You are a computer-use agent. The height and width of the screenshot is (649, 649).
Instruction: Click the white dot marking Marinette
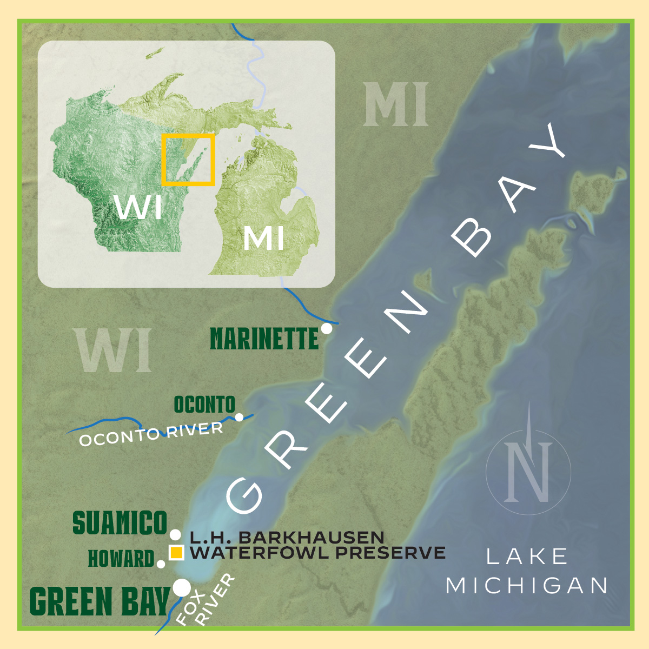[x=326, y=328]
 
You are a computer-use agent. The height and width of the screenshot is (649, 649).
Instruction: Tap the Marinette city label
[x=264, y=340]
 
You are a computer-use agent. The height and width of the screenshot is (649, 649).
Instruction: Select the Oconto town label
[x=204, y=405]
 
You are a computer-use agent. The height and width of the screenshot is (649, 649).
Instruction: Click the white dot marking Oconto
[x=239, y=417]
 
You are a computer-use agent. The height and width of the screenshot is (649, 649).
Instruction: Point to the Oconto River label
[x=151, y=434]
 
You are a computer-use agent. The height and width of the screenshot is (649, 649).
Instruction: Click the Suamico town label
[x=120, y=523]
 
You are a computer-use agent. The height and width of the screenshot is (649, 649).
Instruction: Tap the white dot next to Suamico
[x=175, y=535]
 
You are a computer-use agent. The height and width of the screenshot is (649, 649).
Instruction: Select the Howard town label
[x=121, y=559]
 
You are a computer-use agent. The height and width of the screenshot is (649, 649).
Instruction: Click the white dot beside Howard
[x=161, y=564]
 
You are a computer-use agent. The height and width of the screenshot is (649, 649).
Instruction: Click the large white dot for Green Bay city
[x=182, y=587]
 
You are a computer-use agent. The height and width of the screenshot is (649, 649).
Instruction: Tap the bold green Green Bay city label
[x=99, y=602]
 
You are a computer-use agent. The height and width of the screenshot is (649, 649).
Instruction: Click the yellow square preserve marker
[x=176, y=553]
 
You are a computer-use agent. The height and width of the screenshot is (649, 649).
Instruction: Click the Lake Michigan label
[x=527, y=571]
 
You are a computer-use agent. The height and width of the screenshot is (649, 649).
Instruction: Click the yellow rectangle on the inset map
[x=188, y=160]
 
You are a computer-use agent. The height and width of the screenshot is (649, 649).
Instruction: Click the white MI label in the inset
[x=263, y=238]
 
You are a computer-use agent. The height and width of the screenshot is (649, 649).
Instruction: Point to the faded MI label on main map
[x=395, y=105]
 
